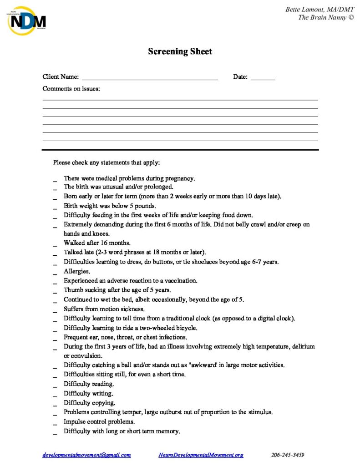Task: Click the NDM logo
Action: [x=26, y=20]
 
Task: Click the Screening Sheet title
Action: [x=180, y=51]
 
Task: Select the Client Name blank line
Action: [x=150, y=77]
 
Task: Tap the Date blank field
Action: [x=263, y=77]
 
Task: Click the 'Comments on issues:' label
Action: [x=71, y=89]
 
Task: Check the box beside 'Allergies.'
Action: [x=55, y=272]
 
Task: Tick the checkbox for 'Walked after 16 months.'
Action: [x=55, y=244]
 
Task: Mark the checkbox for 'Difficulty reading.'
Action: [x=55, y=385]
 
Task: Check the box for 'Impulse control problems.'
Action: [x=55, y=422]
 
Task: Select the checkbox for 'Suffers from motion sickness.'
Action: [x=55, y=309]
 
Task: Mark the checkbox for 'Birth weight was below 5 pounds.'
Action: [x=55, y=207]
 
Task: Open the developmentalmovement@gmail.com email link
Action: [x=86, y=455]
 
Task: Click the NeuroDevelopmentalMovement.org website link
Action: [x=201, y=455]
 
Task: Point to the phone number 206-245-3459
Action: [x=288, y=455]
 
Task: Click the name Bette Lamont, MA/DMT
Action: [x=319, y=10]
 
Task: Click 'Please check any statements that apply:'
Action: [x=106, y=162]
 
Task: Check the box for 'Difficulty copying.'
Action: [x=55, y=404]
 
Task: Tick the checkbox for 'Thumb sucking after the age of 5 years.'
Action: [x=55, y=291]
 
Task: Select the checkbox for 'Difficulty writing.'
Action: [x=55, y=394]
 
